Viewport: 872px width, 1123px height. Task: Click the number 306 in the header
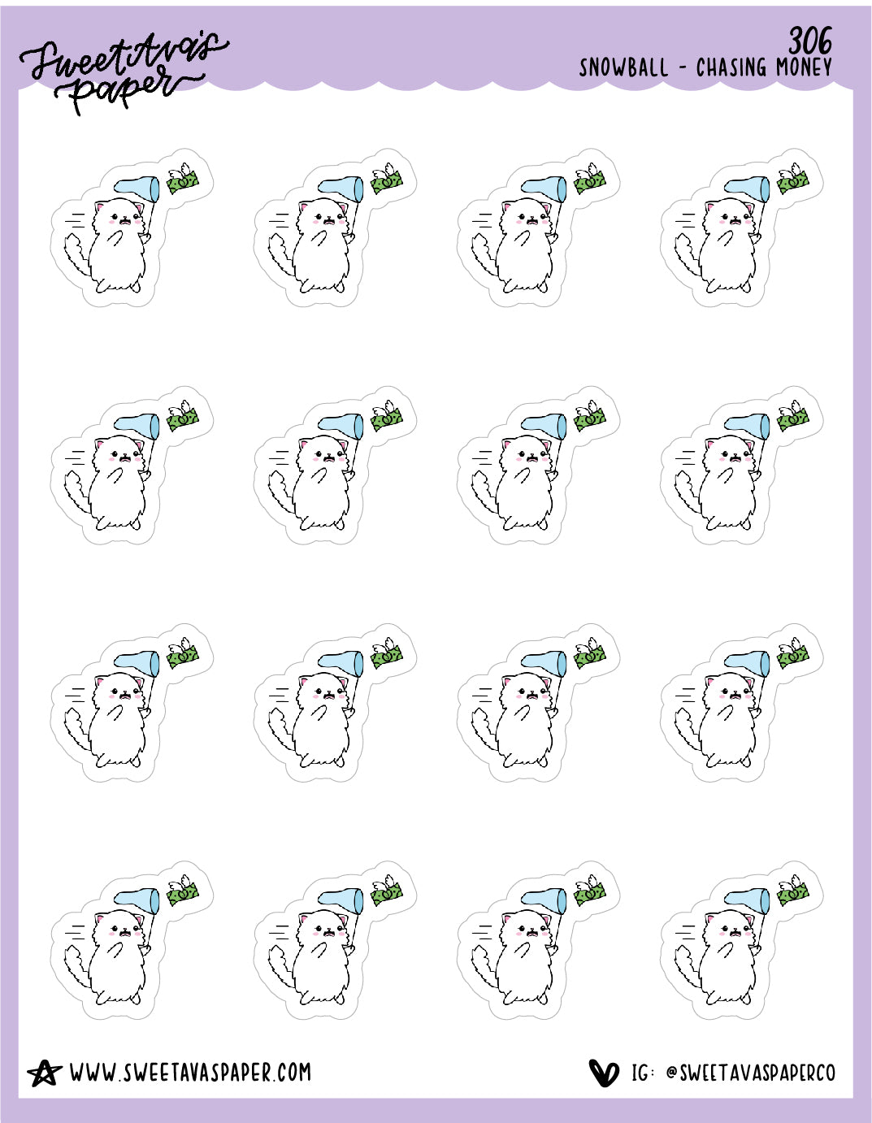point(810,41)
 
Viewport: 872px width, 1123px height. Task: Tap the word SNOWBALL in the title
point(623,67)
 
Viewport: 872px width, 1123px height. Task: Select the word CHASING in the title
point(731,67)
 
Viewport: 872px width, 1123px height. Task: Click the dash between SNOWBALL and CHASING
point(682,68)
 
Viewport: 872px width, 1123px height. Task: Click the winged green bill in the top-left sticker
point(182,179)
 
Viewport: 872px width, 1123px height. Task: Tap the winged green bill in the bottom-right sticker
point(793,891)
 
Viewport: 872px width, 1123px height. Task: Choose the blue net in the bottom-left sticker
point(137,900)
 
